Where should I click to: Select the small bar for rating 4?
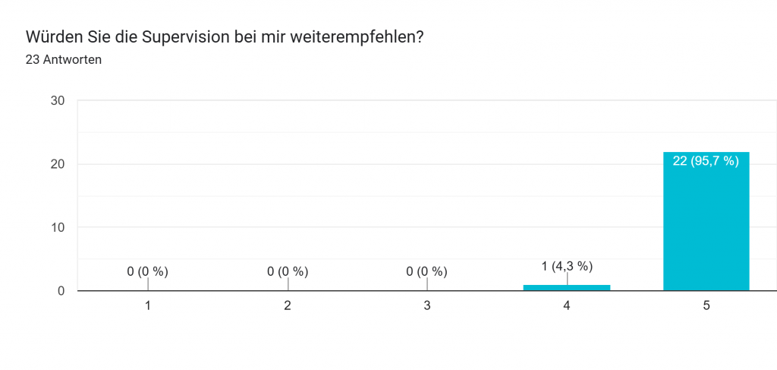click(x=567, y=287)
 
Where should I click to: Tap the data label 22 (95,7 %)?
click(x=706, y=161)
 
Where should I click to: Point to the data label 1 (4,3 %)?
click(x=567, y=266)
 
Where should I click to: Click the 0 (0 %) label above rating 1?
click(x=148, y=271)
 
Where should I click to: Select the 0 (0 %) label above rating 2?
click(x=288, y=271)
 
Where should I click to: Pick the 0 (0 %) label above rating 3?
click(x=427, y=271)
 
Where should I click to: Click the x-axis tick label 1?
click(x=148, y=305)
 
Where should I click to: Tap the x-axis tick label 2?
click(x=288, y=305)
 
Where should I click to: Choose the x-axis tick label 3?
click(x=427, y=305)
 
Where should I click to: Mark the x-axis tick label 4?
click(x=567, y=305)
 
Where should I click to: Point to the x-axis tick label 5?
click(x=706, y=305)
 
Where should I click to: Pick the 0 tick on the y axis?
click(x=61, y=291)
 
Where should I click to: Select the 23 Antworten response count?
click(x=64, y=60)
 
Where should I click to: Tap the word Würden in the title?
click(x=51, y=36)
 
